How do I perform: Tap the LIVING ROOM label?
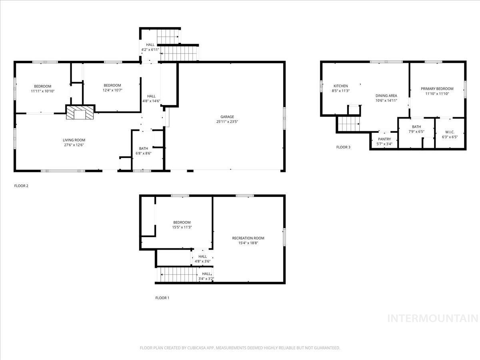74,140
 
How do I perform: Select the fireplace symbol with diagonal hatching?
80,112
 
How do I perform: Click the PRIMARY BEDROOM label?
437,89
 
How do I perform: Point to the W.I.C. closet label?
450,132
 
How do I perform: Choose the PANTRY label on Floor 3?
384,139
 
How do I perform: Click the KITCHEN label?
341,86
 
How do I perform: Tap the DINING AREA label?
386,96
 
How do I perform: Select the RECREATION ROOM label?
248,238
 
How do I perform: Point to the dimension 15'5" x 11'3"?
182,227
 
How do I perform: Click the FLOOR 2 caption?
21,186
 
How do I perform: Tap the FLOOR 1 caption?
162,298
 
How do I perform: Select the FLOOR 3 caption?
343,147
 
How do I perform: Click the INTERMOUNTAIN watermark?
433,318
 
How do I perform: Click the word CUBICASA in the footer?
196,348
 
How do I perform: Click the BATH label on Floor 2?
143,148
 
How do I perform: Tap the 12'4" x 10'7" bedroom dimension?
112,90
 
